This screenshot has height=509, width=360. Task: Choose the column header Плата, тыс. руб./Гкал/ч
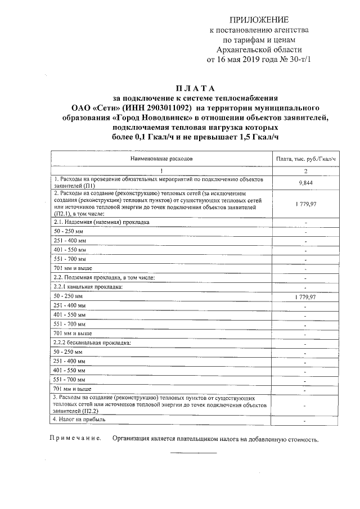click(306, 159)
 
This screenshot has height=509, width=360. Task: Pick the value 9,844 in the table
click(305, 183)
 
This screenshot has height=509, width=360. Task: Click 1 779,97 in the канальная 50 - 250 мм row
click(305, 296)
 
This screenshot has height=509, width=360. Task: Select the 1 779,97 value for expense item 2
click(305, 204)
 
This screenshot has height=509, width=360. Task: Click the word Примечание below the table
click(75, 439)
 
